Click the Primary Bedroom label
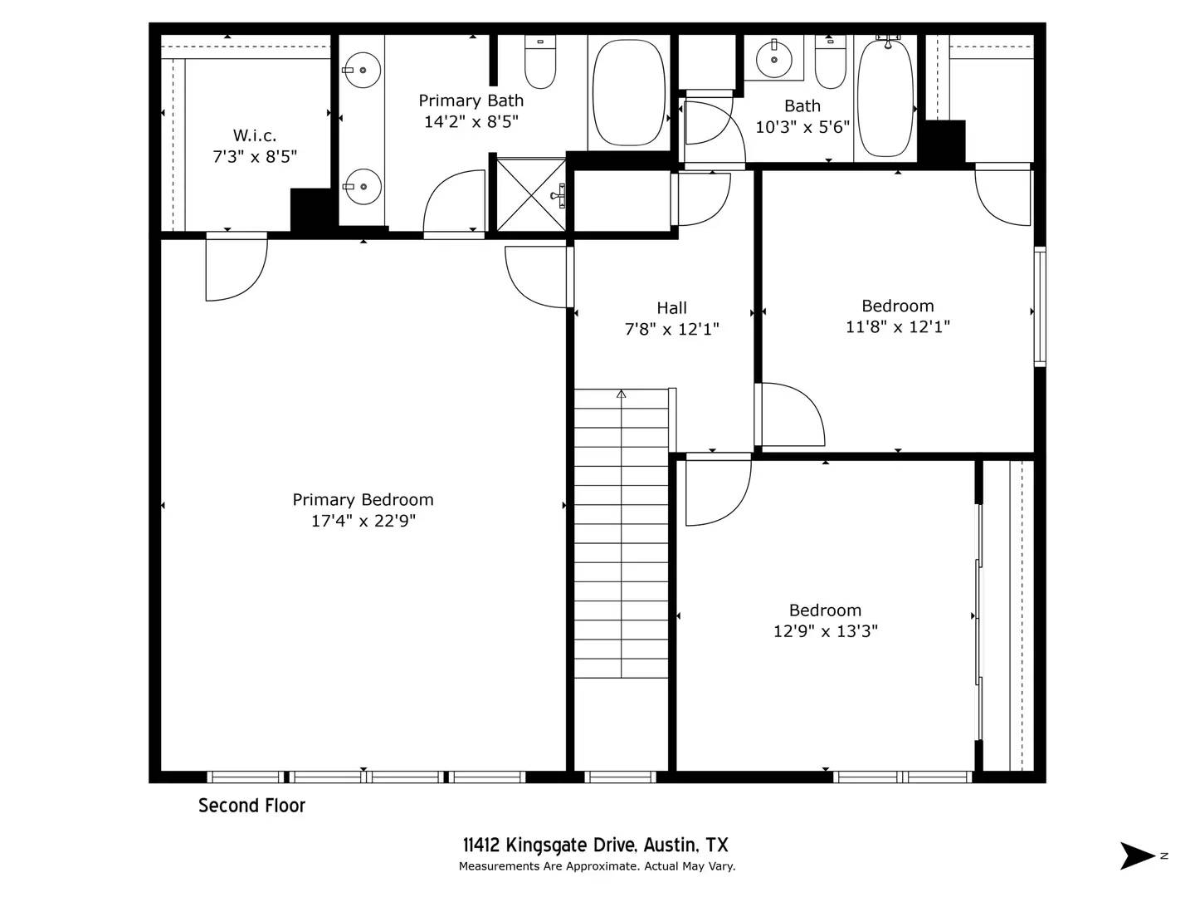click(x=363, y=499)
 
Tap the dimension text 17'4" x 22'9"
click(x=363, y=521)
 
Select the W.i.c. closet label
click(x=255, y=135)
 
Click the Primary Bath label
click(x=471, y=100)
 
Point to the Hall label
click(x=671, y=307)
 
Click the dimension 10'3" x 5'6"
click(x=802, y=127)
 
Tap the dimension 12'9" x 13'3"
click(x=825, y=631)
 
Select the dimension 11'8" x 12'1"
click(x=897, y=327)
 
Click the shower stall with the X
click(x=531, y=195)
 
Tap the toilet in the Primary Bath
click(x=540, y=62)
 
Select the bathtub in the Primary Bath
click(x=628, y=92)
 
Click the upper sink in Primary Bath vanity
click(x=362, y=71)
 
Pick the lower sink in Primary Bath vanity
click(x=362, y=187)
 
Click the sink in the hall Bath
click(x=774, y=59)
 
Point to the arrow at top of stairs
click(x=621, y=394)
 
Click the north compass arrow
click(x=1137, y=855)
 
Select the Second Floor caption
click(x=251, y=806)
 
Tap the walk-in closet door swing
click(x=237, y=268)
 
